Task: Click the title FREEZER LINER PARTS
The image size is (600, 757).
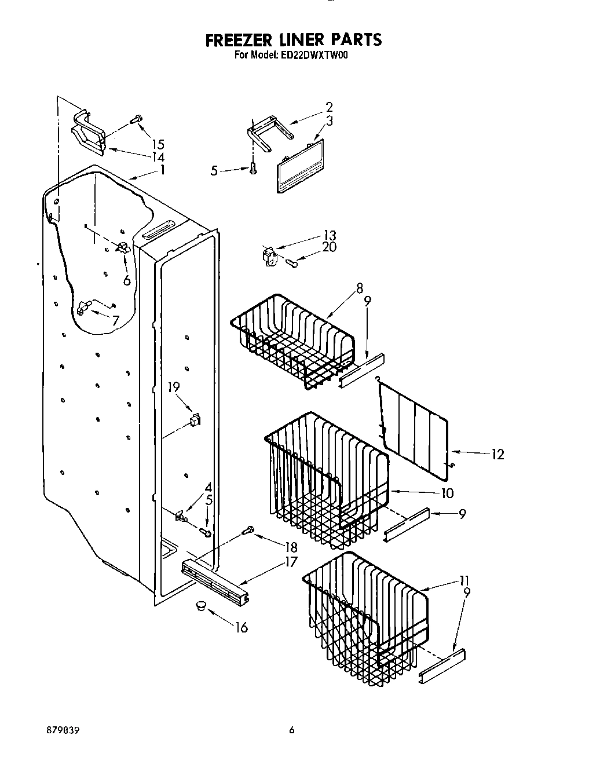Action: click(x=294, y=39)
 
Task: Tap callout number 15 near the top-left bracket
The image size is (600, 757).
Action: click(x=158, y=145)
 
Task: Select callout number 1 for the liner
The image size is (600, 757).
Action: click(x=163, y=170)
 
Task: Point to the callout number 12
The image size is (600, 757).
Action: click(x=497, y=455)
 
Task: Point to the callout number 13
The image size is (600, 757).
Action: click(x=330, y=235)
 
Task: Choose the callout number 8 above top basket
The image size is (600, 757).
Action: click(x=360, y=287)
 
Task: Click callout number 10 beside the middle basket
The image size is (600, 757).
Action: click(x=447, y=493)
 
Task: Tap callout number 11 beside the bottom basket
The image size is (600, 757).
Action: click(x=463, y=580)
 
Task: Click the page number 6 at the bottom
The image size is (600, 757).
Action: click(x=292, y=731)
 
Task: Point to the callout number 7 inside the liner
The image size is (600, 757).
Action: click(x=115, y=320)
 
